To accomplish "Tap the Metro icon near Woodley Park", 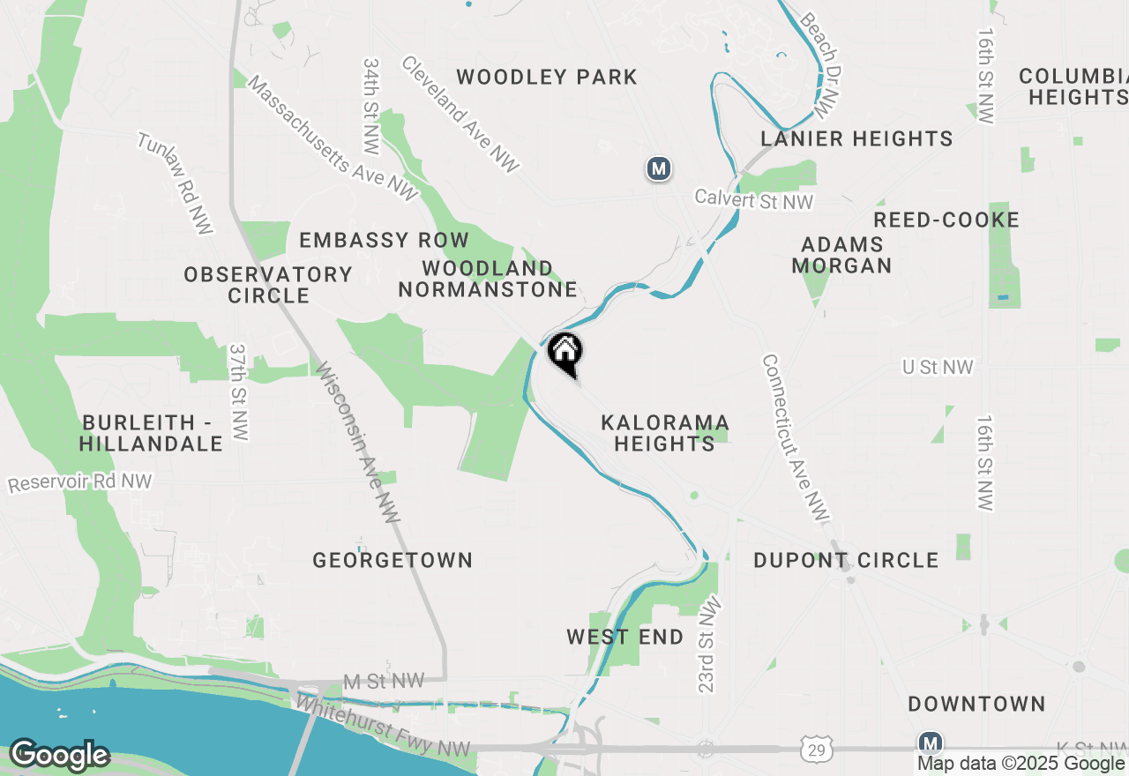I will (658, 168).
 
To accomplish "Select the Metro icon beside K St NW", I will (930, 742).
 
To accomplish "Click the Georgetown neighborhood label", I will (393, 560).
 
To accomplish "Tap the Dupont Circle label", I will (846, 560).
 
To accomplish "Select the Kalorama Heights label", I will (665, 433).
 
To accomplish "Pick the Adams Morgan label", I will (841, 255).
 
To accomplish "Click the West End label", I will (624, 637).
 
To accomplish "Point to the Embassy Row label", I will (384, 240).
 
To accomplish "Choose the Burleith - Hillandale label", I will (151, 433).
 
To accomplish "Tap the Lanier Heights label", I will (856, 138).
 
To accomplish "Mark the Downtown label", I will (976, 704).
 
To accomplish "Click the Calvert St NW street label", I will (753, 200).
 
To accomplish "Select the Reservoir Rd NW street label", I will (79, 483).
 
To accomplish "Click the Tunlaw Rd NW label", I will (175, 183).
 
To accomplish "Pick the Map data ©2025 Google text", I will (1021, 764).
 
